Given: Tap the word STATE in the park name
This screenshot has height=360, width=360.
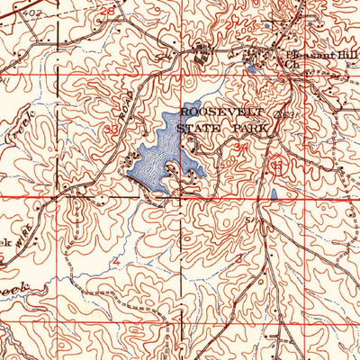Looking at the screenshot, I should (x=202, y=127).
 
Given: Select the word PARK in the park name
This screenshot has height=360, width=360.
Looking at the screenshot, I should (x=249, y=127).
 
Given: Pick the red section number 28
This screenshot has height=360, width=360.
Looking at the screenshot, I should (x=109, y=11).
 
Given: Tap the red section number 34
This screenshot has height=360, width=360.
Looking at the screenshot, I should (x=239, y=145).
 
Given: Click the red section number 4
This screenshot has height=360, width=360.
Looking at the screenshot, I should (x=115, y=261).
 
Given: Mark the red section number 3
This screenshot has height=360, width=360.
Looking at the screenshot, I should (x=238, y=258).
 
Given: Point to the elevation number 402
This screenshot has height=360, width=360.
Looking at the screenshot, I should (x=33, y=12).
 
